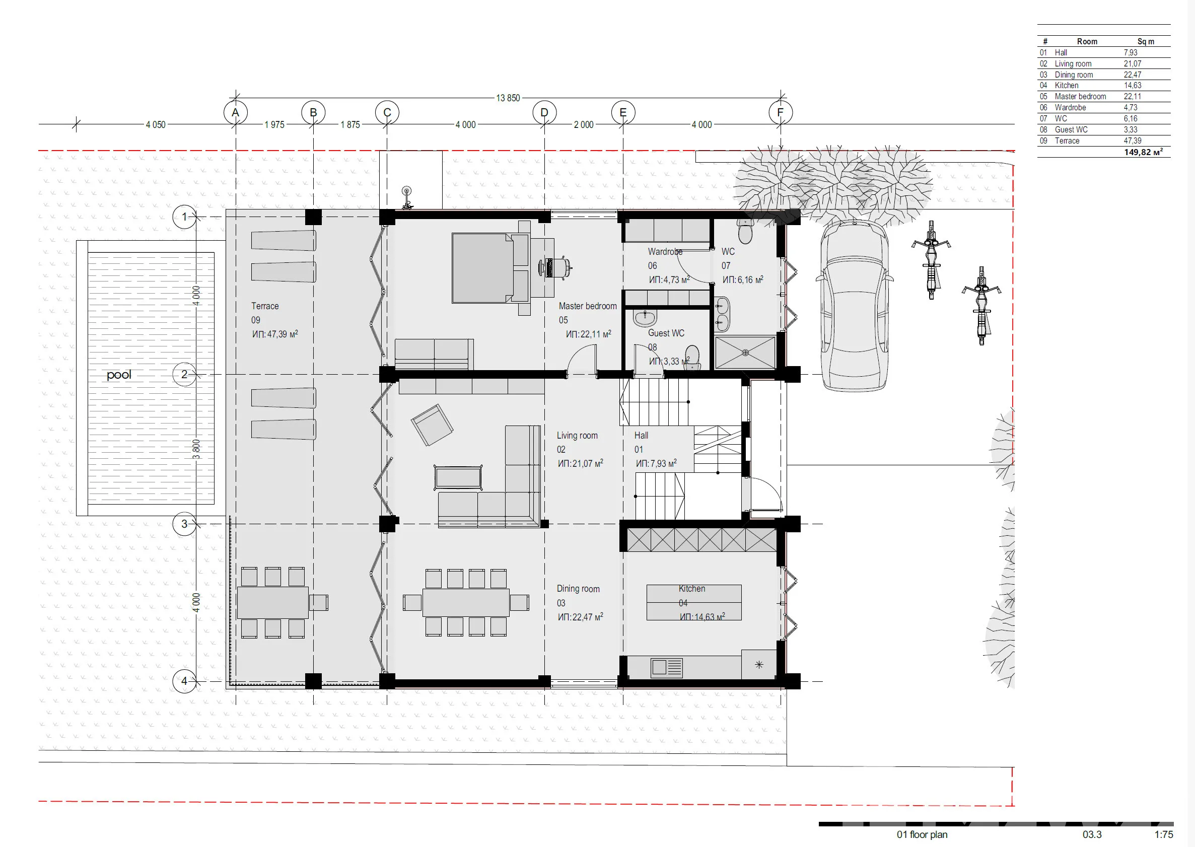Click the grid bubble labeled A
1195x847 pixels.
point(235,113)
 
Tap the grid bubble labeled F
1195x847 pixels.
point(781,113)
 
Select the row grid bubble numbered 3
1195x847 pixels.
point(184,524)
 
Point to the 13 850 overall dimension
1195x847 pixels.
point(508,98)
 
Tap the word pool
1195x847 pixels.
point(119,375)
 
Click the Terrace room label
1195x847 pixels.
point(265,306)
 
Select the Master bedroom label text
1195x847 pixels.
point(588,306)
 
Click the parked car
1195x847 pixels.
point(855,306)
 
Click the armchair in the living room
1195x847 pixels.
point(432,425)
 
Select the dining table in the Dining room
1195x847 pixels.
point(466,602)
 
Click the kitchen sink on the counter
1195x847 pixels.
point(667,668)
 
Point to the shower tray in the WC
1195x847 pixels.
point(745,352)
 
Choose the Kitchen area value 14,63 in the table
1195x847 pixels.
point(1133,86)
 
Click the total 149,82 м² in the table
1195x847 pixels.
point(1143,152)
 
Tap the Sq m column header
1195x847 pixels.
point(1146,41)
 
